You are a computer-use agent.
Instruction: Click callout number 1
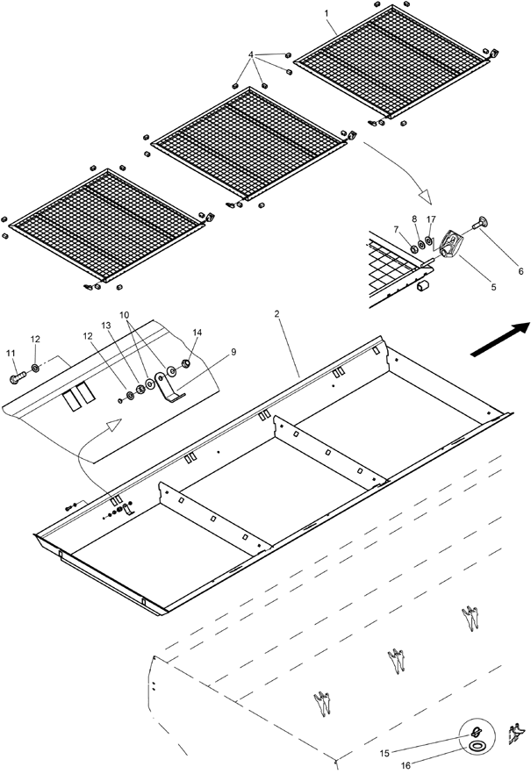(x=326, y=15)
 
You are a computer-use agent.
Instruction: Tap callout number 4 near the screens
(x=251, y=54)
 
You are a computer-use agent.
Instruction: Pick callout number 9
(x=209, y=351)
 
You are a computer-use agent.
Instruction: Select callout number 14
(x=197, y=333)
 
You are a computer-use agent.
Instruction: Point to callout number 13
(x=106, y=325)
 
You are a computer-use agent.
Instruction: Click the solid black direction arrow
(x=501, y=339)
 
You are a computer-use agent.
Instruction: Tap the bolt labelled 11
(x=18, y=377)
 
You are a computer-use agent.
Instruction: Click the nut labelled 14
(x=187, y=362)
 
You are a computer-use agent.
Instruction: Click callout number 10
(x=125, y=313)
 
